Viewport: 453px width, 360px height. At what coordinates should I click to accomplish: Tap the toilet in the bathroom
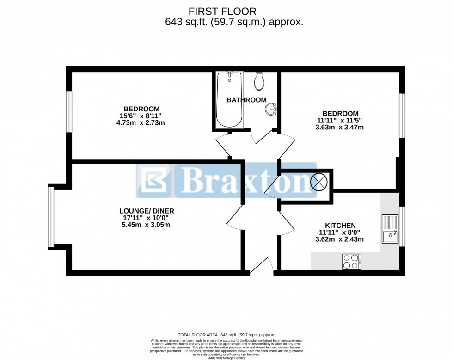(260, 81)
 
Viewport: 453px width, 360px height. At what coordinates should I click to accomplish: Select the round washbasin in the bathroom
(270, 110)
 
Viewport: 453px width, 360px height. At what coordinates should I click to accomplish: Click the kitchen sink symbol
(390, 229)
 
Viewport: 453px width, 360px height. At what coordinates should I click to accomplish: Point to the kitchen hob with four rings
(351, 262)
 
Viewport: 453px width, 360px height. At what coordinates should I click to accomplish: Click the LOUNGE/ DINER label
(147, 211)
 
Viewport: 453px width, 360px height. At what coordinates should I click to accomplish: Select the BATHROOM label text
(246, 100)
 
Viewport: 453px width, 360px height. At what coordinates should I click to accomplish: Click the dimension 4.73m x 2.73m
(141, 123)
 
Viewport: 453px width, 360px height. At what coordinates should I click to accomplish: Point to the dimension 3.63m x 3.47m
(340, 128)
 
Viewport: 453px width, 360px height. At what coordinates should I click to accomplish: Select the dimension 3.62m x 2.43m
(340, 239)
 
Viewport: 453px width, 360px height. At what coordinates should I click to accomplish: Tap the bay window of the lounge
(51, 216)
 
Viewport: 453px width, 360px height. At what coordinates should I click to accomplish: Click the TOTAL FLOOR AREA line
(226, 335)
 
